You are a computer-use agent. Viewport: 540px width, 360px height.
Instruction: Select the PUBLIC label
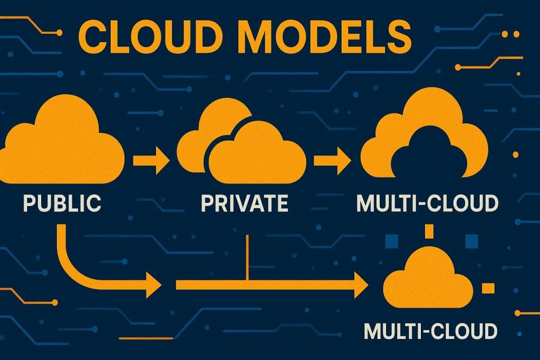point(62,202)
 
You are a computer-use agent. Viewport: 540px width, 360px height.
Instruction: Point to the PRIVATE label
point(244,202)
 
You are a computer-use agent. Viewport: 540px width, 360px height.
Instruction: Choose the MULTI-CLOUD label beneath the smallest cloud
point(430,331)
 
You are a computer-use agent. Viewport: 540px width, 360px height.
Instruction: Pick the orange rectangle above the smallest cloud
point(428,231)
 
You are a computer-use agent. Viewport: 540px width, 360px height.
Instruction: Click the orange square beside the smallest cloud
point(488,288)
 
